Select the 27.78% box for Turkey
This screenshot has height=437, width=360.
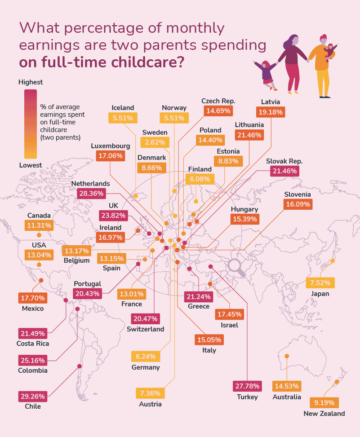247,386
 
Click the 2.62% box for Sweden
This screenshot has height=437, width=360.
155,142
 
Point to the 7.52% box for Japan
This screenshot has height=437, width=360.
320,283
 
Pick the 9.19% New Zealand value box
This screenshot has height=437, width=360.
324,403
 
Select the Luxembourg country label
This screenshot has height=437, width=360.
110,146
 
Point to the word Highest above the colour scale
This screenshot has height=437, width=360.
31,82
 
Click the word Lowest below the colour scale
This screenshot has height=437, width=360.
30,165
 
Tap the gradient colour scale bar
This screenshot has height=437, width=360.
31,124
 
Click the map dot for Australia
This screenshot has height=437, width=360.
287,356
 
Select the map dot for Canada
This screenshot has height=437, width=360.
39,234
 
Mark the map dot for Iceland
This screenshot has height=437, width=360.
135,196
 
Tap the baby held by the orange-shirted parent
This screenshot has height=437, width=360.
331,50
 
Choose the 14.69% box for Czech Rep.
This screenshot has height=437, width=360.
218,110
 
